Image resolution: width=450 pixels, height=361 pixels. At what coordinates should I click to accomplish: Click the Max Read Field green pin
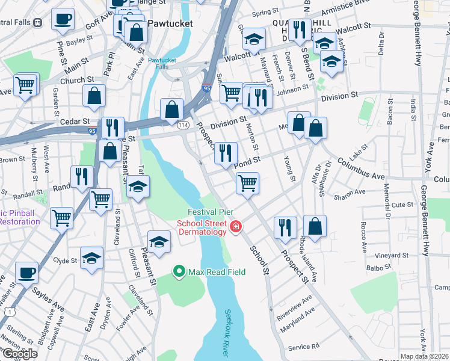point(179,272)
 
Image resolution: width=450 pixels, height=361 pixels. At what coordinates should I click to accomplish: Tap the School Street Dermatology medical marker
point(236,227)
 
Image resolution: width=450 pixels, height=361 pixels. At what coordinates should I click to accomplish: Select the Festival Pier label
point(211,212)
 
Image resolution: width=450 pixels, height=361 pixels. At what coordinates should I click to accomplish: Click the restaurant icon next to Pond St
point(226,153)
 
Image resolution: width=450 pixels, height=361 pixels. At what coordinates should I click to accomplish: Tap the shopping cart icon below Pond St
point(248,182)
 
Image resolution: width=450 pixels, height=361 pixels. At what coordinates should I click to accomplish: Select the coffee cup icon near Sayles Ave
point(26,272)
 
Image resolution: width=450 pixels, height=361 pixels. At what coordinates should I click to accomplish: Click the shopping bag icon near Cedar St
point(172,109)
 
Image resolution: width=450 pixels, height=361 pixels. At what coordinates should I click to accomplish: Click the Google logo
point(19,353)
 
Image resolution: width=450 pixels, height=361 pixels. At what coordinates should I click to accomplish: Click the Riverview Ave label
point(294,305)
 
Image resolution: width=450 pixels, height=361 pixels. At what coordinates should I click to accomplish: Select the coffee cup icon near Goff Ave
point(63,19)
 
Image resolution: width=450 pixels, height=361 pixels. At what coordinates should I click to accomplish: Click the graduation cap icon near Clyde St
point(91,258)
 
